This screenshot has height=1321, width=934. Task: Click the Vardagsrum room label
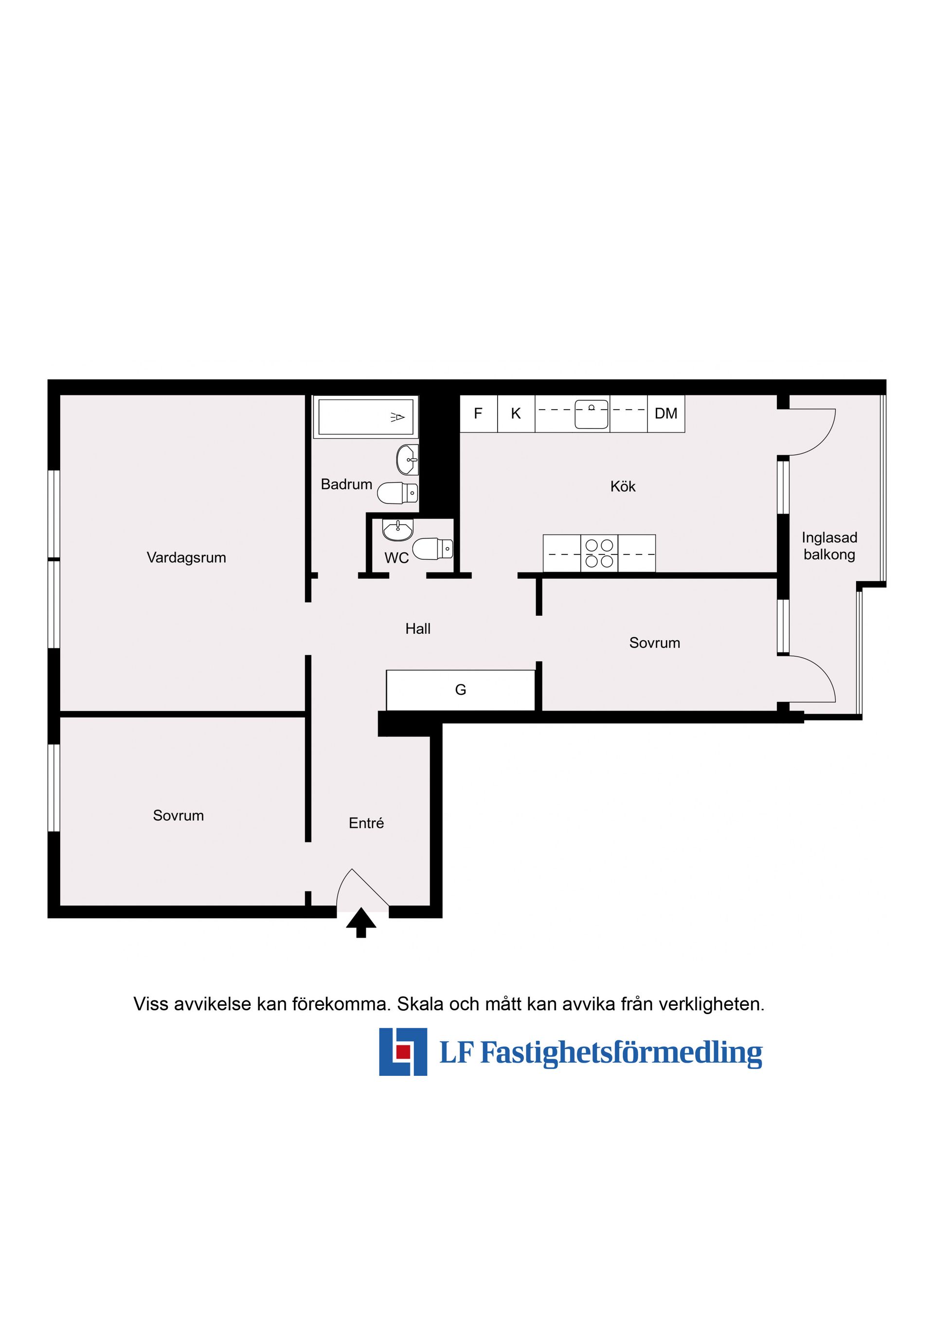point(186,557)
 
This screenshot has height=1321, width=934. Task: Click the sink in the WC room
point(397,530)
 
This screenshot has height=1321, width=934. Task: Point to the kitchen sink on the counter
point(592,414)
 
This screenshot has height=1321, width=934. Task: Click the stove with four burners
point(599,553)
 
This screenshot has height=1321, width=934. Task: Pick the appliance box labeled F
point(478,414)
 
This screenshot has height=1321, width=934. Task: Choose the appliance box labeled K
point(516,414)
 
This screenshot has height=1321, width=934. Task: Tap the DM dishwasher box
point(666,414)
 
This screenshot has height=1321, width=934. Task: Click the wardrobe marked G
point(460,690)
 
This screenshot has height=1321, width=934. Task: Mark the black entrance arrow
point(361,922)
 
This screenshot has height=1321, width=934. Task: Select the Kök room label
point(623,487)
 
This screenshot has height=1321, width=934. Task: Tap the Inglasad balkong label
point(829,546)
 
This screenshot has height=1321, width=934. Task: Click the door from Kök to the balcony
point(811,431)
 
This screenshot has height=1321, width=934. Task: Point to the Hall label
point(418,629)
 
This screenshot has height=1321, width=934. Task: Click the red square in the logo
point(403,1051)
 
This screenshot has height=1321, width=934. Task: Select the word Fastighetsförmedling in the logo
point(621,1053)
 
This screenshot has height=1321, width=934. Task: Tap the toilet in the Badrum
point(397,493)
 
